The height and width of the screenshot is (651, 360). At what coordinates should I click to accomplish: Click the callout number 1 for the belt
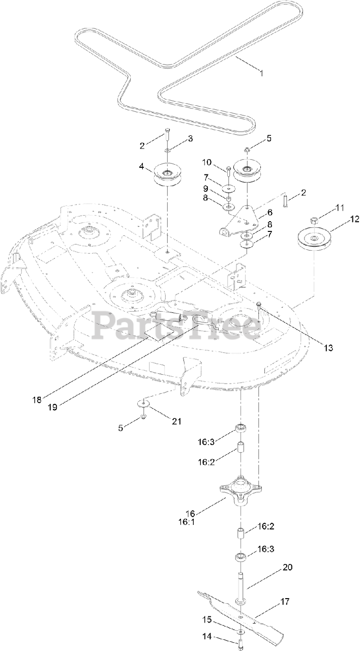click(261, 74)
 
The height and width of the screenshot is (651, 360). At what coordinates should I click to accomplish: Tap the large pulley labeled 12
click(314, 238)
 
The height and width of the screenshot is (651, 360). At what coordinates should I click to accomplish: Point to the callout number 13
click(328, 348)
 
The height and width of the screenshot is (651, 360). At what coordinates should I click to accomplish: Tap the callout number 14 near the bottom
click(206, 636)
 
